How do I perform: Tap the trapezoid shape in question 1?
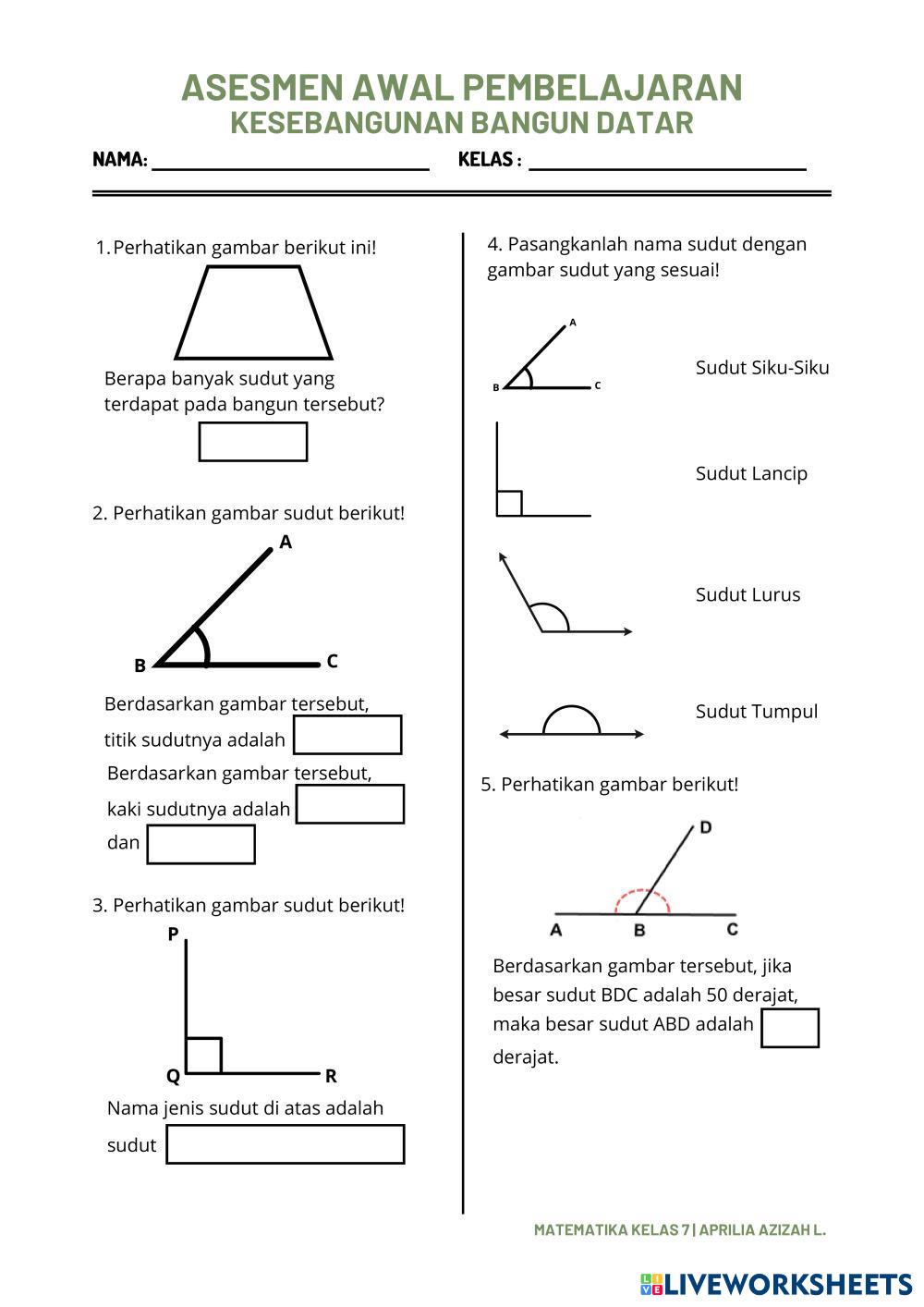253,313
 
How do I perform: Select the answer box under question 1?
253,442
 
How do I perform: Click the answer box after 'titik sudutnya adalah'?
347,735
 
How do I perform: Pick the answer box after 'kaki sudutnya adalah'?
350,804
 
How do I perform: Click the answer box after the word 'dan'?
201,844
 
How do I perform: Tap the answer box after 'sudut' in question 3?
286,1144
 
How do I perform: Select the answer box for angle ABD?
790,1028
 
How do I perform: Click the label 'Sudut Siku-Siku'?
762,368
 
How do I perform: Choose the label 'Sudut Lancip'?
751,474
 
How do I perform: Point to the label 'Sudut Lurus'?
748,594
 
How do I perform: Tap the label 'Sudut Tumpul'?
757,712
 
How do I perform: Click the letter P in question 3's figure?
173,934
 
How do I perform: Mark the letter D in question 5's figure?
706,827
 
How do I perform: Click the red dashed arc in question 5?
642,894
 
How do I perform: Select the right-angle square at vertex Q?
203,1056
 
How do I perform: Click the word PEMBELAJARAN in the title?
602,88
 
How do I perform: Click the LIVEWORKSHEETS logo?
776,1284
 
